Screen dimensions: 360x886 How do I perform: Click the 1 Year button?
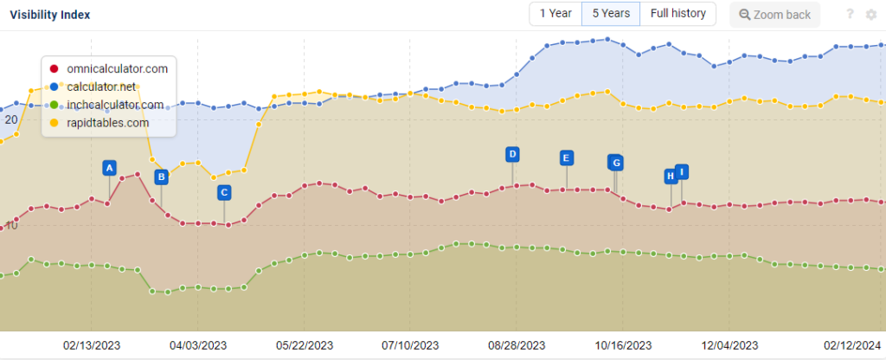(555, 14)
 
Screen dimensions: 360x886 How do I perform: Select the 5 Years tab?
(611, 14)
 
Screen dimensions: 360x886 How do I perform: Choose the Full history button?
(677, 14)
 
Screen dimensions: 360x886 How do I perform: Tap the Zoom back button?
(775, 15)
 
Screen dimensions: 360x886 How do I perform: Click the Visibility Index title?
(49, 15)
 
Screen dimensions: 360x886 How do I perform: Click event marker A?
(109, 168)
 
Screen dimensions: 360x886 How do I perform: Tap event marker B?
(161, 177)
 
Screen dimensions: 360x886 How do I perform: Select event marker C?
(224, 192)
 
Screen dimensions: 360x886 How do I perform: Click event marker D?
(512, 154)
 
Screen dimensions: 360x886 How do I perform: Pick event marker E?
(566, 157)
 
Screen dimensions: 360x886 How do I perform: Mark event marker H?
(670, 177)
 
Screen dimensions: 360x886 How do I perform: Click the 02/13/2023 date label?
(92, 344)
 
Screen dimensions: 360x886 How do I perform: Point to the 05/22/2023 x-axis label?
(305, 344)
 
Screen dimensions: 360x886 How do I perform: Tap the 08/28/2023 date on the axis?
(517, 344)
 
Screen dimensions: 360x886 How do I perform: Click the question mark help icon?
(851, 14)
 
